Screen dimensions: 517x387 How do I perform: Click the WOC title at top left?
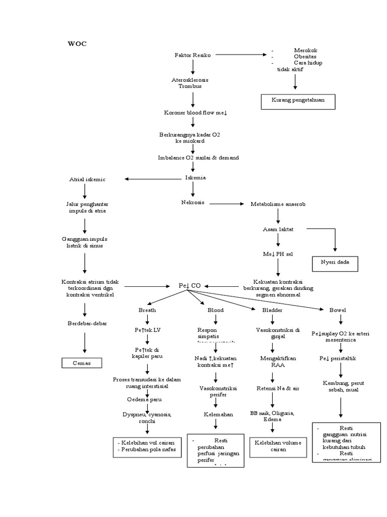click(77, 44)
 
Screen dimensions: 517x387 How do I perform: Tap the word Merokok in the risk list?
click(305, 50)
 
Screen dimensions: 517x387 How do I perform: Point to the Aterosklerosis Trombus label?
click(189, 83)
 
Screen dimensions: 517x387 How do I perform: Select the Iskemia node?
click(196, 178)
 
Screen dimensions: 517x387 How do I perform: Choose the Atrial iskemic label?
click(88, 179)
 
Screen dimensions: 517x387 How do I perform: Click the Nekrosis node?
click(192, 202)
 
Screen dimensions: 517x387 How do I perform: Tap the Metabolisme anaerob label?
click(278, 204)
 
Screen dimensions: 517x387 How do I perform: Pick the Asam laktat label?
click(278, 229)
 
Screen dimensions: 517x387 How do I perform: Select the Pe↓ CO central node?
click(189, 286)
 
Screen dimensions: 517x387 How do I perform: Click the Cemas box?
click(81, 363)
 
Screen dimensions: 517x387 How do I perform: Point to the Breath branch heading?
click(147, 310)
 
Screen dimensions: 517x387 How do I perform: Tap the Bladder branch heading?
click(272, 310)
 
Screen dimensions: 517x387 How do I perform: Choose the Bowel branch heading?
click(338, 310)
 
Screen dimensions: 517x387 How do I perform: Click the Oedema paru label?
click(147, 399)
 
